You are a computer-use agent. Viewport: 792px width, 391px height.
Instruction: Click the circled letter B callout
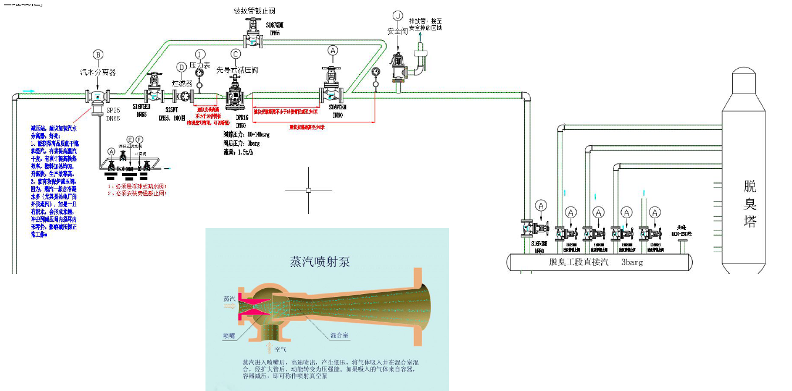click(98, 55)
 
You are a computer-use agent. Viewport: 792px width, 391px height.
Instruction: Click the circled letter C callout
click(236, 54)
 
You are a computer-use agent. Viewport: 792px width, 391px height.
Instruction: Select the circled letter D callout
click(181, 67)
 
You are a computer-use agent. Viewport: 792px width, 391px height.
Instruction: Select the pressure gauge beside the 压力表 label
click(199, 73)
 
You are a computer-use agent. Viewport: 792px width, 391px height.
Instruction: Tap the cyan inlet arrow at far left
click(28, 91)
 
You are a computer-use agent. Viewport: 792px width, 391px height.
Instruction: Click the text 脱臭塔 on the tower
click(750, 205)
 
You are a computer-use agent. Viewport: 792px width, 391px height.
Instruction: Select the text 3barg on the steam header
click(631, 262)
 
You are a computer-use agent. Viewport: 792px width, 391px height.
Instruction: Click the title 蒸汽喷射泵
click(320, 262)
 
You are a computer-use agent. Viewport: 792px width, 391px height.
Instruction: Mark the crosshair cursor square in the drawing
click(308, 190)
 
